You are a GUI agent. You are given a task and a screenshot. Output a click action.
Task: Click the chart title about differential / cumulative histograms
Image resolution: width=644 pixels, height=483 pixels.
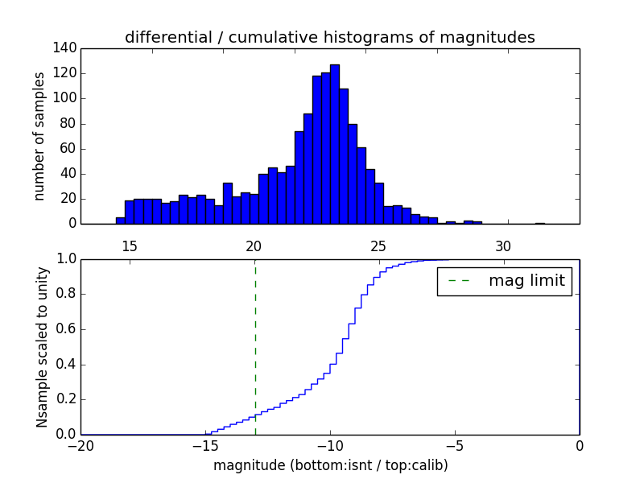[x=329, y=37]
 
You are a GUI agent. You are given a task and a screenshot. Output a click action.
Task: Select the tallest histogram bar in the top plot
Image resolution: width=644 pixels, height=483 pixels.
[x=334, y=145]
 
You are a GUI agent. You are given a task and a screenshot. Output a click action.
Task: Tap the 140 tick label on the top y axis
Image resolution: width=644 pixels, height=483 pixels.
[x=66, y=48]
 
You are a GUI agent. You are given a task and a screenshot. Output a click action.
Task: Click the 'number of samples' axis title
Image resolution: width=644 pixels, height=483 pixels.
[x=39, y=135]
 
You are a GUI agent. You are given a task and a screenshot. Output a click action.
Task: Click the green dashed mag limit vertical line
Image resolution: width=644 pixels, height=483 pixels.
[x=255, y=346]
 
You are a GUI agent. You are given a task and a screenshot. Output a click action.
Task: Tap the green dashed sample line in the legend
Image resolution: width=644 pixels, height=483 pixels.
[x=458, y=281]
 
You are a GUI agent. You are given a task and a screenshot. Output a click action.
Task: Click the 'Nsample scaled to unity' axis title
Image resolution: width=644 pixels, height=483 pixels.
[x=42, y=347]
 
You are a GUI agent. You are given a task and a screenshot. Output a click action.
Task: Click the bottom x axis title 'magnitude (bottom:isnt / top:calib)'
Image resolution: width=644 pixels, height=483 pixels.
[x=330, y=465]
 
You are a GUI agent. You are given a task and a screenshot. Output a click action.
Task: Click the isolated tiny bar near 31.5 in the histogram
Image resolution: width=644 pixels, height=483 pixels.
[x=539, y=223]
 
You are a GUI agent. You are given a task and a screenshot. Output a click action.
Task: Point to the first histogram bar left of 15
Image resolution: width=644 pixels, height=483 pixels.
[x=120, y=221]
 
